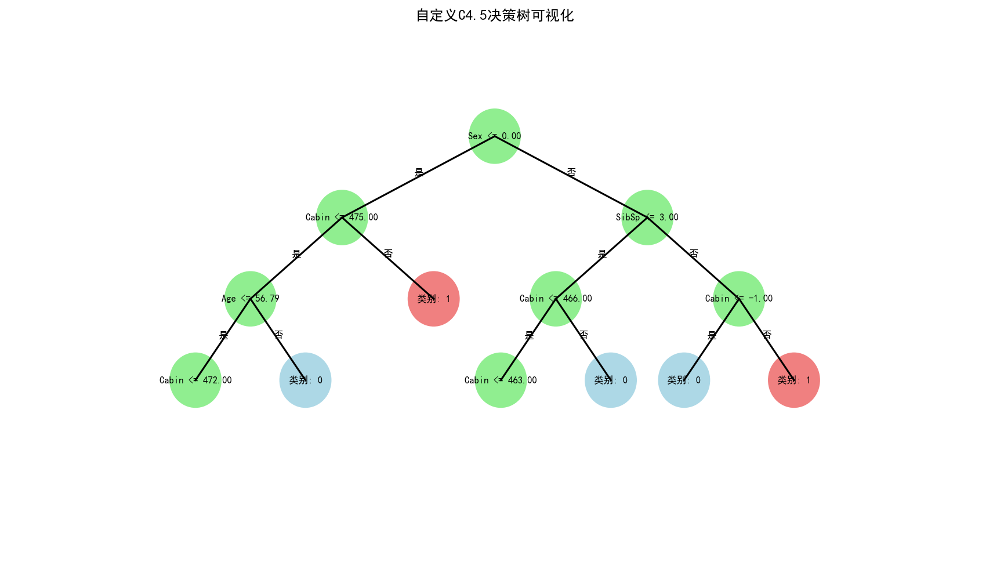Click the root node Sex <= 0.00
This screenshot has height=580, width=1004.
[494, 136]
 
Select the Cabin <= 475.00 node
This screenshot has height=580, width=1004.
[342, 217]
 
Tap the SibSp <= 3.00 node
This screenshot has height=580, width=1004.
[647, 217]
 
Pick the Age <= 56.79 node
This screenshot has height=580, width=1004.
[250, 299]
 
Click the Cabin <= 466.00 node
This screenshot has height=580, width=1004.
[556, 299]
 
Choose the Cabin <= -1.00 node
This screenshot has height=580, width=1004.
[738, 299]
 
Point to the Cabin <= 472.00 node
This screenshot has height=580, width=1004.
[195, 380]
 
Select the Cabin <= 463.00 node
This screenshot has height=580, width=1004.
[501, 380]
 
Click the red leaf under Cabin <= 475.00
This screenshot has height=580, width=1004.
[433, 299]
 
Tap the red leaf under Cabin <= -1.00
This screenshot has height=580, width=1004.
[793, 380]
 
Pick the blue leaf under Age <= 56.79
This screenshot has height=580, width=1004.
[305, 380]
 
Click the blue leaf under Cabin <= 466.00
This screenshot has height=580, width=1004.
[610, 380]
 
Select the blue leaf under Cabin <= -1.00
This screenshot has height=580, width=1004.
[684, 380]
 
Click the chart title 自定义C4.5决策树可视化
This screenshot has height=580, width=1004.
[495, 16]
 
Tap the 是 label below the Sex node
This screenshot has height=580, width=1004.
[419, 172]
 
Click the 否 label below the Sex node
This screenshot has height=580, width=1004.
[571, 172]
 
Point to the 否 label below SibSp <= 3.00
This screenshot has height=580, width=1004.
[693, 253]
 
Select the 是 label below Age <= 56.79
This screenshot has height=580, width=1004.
[224, 335]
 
